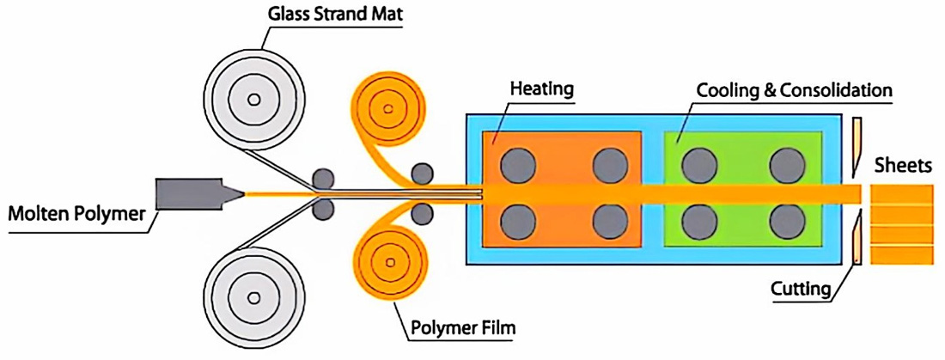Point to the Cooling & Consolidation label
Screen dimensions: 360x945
point(795,89)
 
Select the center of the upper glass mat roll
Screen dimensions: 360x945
point(253,100)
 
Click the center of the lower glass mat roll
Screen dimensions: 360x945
point(253,298)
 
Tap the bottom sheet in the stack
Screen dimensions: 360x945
point(900,255)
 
